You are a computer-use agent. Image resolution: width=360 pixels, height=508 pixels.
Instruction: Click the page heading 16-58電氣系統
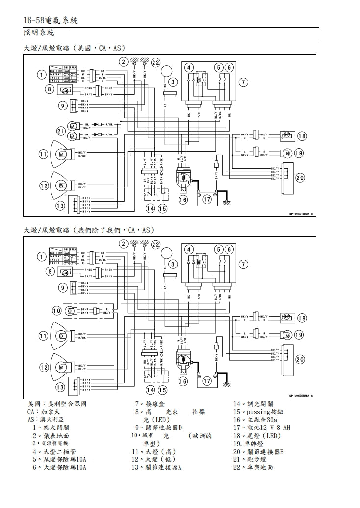51,20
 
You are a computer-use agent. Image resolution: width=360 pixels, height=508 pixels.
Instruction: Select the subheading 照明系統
39,33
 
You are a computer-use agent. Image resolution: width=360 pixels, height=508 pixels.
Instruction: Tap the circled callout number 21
61,131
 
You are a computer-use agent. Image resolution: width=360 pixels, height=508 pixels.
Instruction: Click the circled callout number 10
56,310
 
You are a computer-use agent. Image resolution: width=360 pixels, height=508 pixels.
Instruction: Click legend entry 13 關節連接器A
157,467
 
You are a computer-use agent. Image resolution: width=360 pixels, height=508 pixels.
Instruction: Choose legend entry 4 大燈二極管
57,451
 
